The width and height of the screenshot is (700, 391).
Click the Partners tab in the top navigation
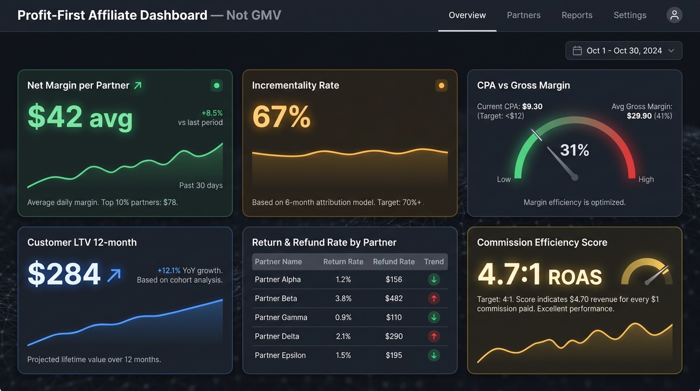point(523,15)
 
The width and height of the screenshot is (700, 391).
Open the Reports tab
point(577,15)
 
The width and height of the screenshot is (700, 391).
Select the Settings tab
point(630,15)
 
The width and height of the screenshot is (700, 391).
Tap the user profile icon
point(674,15)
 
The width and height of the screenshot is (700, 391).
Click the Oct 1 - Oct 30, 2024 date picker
point(624,50)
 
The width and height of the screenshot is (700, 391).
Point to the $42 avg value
point(80,117)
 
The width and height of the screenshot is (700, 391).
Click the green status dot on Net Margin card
point(216,86)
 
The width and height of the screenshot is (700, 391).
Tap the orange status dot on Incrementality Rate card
point(441,86)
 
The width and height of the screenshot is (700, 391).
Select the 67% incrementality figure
point(281,117)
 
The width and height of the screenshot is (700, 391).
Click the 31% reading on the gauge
point(574,150)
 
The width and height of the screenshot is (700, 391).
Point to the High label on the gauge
point(646,179)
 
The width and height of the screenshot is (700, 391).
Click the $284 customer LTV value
point(64,274)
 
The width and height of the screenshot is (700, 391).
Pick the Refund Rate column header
point(394,262)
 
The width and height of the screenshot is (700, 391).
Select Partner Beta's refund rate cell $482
point(394,298)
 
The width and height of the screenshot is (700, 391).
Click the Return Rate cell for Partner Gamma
point(343,317)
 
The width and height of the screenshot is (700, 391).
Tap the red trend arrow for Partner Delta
point(433,336)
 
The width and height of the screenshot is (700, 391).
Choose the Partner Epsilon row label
point(280,355)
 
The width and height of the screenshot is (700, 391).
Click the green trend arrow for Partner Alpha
point(433,280)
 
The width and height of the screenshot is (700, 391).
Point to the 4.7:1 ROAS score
point(539,275)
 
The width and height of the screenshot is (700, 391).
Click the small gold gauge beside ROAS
point(647,272)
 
